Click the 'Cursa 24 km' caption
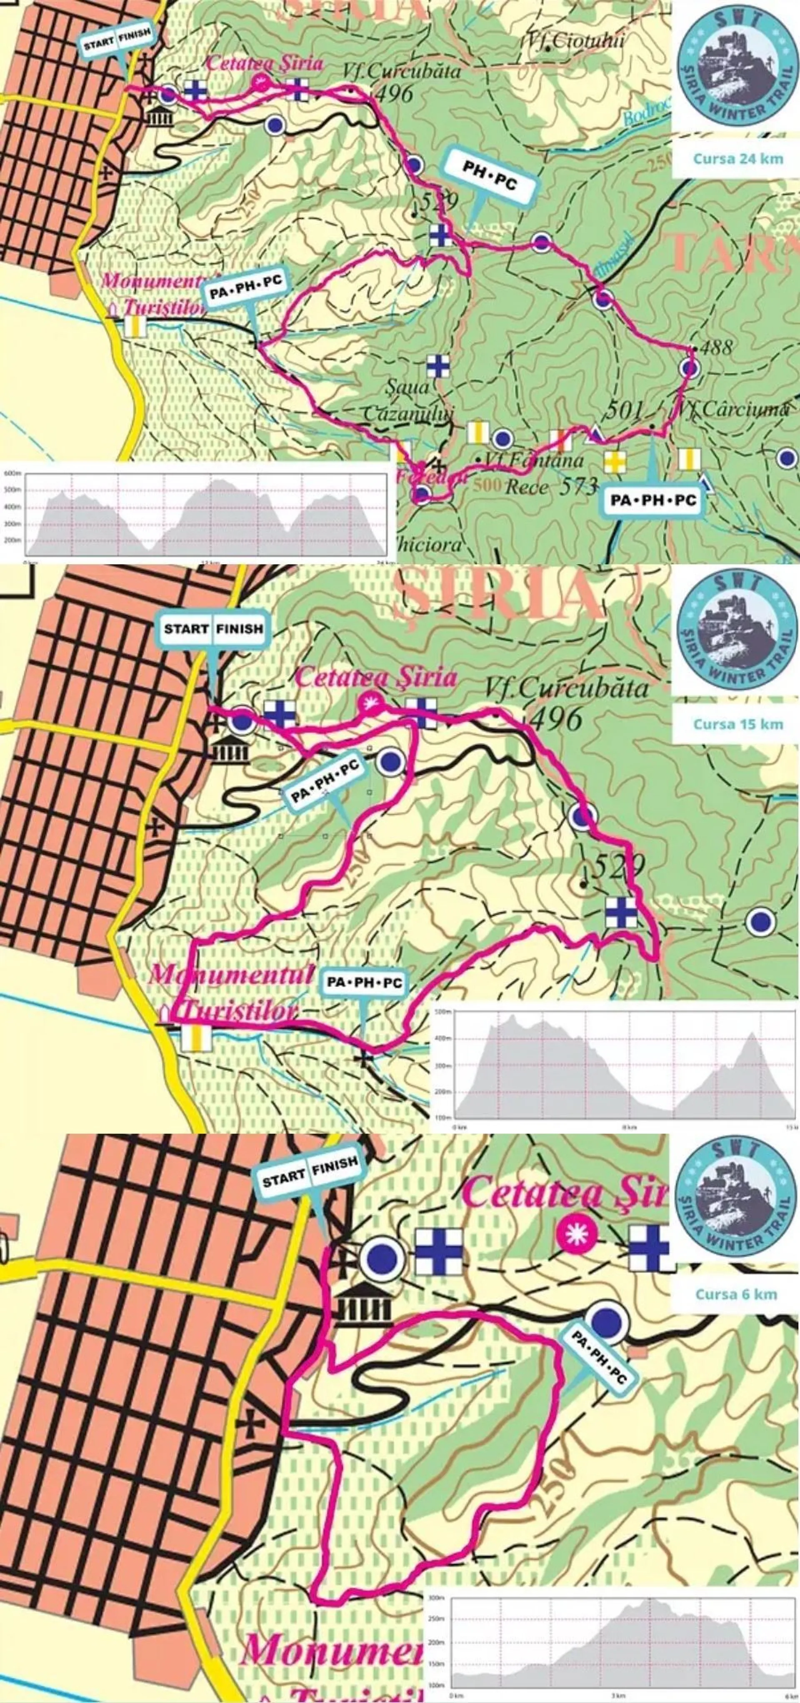coord(737,159)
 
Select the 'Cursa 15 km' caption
coord(737,724)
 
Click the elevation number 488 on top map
coord(715,347)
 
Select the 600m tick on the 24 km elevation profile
coord(12,474)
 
